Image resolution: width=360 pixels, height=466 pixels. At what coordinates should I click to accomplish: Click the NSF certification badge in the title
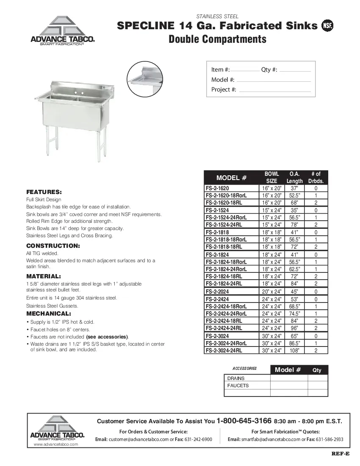(x=327, y=26)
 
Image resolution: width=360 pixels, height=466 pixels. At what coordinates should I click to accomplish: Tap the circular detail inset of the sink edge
(x=145, y=79)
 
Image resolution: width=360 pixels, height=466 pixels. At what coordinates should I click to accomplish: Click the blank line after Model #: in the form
(x=273, y=80)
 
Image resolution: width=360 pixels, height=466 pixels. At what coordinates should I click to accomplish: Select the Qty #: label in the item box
(x=269, y=70)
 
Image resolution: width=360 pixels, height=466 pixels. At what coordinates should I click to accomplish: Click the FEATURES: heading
(x=44, y=192)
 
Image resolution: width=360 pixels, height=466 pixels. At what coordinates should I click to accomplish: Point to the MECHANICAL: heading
(x=48, y=314)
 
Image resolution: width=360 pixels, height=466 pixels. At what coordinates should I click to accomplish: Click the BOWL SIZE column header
(x=271, y=178)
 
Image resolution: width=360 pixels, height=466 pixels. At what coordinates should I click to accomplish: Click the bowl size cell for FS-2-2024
(x=271, y=291)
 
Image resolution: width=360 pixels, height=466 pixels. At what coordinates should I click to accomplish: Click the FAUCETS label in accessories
(x=238, y=386)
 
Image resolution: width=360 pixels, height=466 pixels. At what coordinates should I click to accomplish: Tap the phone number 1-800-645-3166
(x=244, y=421)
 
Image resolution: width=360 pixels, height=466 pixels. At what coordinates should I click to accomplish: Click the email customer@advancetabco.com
(x=138, y=439)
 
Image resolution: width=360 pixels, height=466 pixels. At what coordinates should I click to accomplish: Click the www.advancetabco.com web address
(x=56, y=444)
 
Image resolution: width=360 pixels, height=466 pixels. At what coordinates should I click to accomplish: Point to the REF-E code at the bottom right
(x=341, y=454)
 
